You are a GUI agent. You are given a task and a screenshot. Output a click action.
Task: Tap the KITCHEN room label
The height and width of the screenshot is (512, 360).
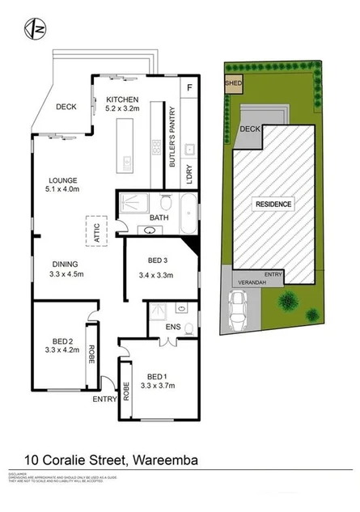(x=123, y=101)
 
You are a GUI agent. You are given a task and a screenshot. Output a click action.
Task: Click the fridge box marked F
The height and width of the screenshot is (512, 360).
(x=188, y=87)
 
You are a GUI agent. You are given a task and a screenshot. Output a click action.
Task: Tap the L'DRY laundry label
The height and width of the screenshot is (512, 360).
(x=187, y=174)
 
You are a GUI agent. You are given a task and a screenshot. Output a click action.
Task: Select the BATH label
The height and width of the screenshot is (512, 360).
(x=159, y=218)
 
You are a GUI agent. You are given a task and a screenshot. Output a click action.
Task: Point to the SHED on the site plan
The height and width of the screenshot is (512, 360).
(x=233, y=82)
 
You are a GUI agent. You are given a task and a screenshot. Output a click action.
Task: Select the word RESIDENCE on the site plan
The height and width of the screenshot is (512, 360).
(x=273, y=204)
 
